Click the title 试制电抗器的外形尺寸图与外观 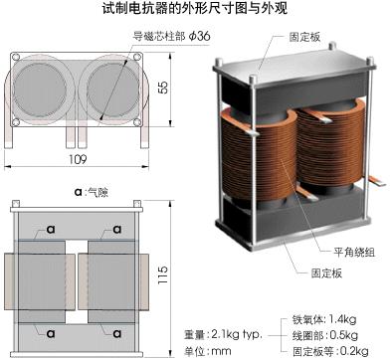pyautogui.click(x=195, y=8)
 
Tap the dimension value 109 pyautogui.click(x=78, y=159)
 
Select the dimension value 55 pyautogui.click(x=163, y=88)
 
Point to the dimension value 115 pyautogui.click(x=162, y=273)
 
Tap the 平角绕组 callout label pyautogui.click(x=354, y=253)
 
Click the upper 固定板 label pyautogui.click(x=304, y=37)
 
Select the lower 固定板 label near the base pyautogui.click(x=326, y=273)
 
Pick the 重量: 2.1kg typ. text pyautogui.click(x=223, y=335)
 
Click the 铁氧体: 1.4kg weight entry pyautogui.click(x=324, y=319)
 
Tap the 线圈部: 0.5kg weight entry pyautogui.click(x=325, y=335)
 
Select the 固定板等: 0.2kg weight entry pyautogui.click(x=330, y=351)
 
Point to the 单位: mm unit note pyautogui.click(x=208, y=351)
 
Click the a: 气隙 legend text pyautogui.click(x=92, y=192)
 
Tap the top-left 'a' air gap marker pyautogui.click(x=51, y=229)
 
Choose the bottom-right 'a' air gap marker pyautogui.click(x=117, y=333)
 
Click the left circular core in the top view pyautogui.click(x=40, y=90)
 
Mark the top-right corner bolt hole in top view pyautogui.click(x=137, y=57)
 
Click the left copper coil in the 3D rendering pyautogui.click(x=259, y=153)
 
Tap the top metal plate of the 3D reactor pyautogui.click(x=294, y=67)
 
